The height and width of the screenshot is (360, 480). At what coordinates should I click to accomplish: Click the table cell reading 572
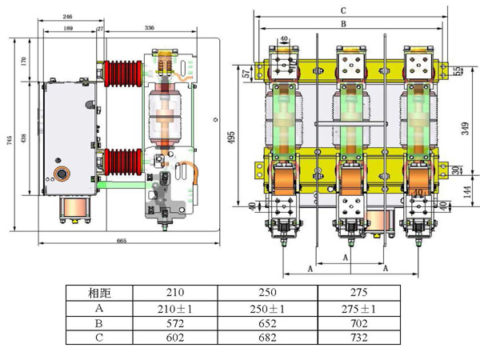pos(178,322)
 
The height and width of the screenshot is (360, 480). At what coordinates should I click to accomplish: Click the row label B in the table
pos(99,322)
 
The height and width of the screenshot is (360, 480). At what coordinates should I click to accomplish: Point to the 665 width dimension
pos(121,240)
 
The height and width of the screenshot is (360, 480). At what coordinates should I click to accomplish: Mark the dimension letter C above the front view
pos(342,10)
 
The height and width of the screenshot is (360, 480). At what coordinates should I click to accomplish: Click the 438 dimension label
pos(25,138)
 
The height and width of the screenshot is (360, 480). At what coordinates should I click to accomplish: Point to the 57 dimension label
pos(245,74)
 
